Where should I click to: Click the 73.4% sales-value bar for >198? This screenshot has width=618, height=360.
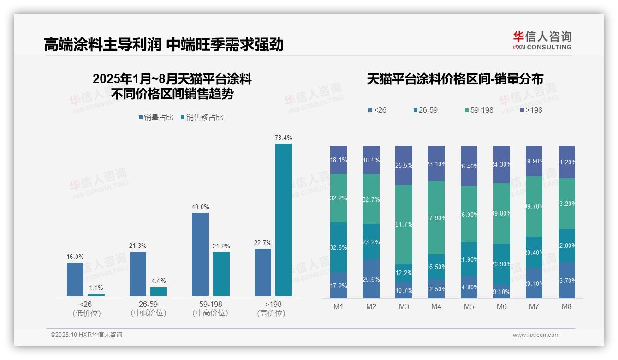coord(284,219)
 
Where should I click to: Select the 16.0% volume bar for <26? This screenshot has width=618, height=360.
coord(75,279)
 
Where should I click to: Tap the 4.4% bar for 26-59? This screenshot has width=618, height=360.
coord(159,291)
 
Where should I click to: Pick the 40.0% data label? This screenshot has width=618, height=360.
coord(201,207)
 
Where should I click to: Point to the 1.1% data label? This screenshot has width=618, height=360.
coord(96,288)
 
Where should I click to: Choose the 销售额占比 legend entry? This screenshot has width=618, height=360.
coord(202,118)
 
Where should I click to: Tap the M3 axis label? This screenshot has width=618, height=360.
coord(404,306)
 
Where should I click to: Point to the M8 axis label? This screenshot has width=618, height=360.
coord(567,306)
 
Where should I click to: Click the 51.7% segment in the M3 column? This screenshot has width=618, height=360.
coord(404,224)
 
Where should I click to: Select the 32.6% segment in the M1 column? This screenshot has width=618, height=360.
coord(339,247)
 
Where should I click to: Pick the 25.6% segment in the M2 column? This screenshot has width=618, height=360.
coord(371,279)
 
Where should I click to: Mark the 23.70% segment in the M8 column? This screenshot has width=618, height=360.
coord(567,280)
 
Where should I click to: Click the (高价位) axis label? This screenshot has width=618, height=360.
coord(271,313)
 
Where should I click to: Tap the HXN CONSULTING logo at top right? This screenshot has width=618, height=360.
coord(542,40)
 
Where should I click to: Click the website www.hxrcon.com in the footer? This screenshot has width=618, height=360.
coord(536,335)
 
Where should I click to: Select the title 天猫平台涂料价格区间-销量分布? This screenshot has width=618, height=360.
coord(455,79)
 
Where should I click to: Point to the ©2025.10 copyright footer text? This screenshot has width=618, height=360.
coord(86,335)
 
